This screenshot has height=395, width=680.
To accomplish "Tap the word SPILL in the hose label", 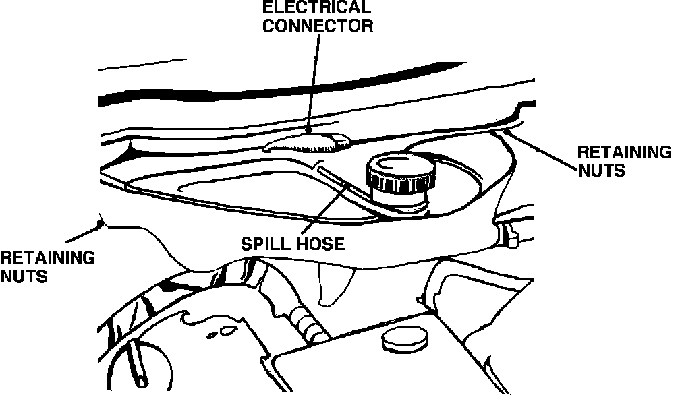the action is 263,243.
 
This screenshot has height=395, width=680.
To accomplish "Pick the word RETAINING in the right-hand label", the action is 624,152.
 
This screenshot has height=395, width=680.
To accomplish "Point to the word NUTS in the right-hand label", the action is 600,171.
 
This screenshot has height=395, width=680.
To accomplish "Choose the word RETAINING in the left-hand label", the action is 47,257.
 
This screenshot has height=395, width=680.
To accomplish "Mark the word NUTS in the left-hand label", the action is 24,276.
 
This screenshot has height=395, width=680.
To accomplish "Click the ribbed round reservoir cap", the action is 397,173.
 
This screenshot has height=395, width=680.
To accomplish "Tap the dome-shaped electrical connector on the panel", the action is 308,142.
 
